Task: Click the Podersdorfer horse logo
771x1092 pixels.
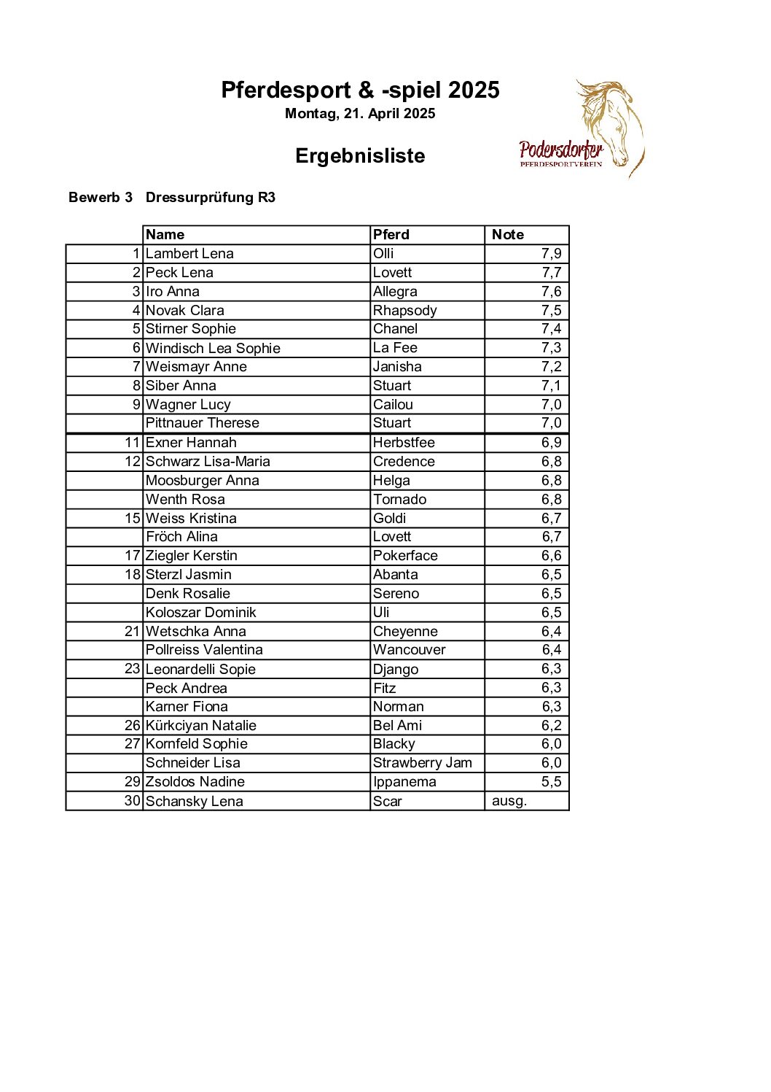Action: coord(582,130)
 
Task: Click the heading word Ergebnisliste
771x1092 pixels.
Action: coord(360,156)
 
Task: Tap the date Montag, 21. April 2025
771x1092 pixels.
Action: coord(360,114)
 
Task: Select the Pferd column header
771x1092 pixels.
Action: coord(391,235)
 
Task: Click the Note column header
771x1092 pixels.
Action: coord(508,235)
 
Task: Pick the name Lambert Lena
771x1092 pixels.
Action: coord(189,254)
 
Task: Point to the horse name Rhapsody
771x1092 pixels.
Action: coord(404,311)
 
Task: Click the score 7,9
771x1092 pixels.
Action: coord(551,254)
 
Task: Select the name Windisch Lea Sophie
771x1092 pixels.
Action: coord(213,349)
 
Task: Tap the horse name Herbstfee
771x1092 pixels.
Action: coord(404,443)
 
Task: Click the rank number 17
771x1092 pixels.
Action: coord(132,556)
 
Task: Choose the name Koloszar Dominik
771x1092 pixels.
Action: coord(200,613)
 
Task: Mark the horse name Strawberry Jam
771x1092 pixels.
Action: coord(422,763)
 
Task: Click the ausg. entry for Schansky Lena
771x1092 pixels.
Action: coord(509,801)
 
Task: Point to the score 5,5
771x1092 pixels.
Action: coord(551,782)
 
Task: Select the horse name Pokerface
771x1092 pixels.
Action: coord(405,556)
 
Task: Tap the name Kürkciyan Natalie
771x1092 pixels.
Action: coord(200,726)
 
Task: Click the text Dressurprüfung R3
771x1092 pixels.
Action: coord(210,198)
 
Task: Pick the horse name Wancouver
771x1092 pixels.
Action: coord(409,650)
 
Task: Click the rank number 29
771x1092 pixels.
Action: coord(132,782)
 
